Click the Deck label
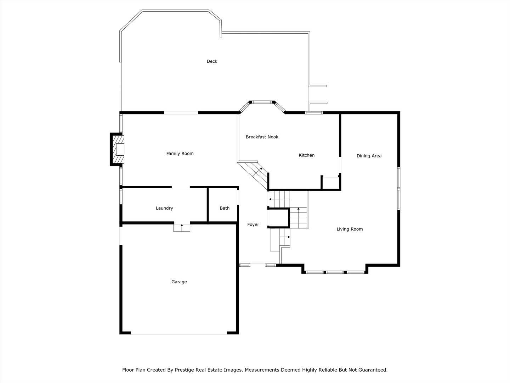click(212, 61)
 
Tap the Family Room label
click(180, 154)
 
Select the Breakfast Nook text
click(262, 137)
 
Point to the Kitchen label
click(307, 155)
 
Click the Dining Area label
click(369, 156)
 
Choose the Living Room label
click(350, 229)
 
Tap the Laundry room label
click(164, 208)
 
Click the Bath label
click(225, 208)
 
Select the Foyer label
click(253, 224)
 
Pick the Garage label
click(179, 282)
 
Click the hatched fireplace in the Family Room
click(117, 149)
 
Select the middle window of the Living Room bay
click(335, 272)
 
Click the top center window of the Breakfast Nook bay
click(262, 102)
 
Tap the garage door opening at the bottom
click(179, 333)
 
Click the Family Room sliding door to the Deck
click(181, 113)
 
